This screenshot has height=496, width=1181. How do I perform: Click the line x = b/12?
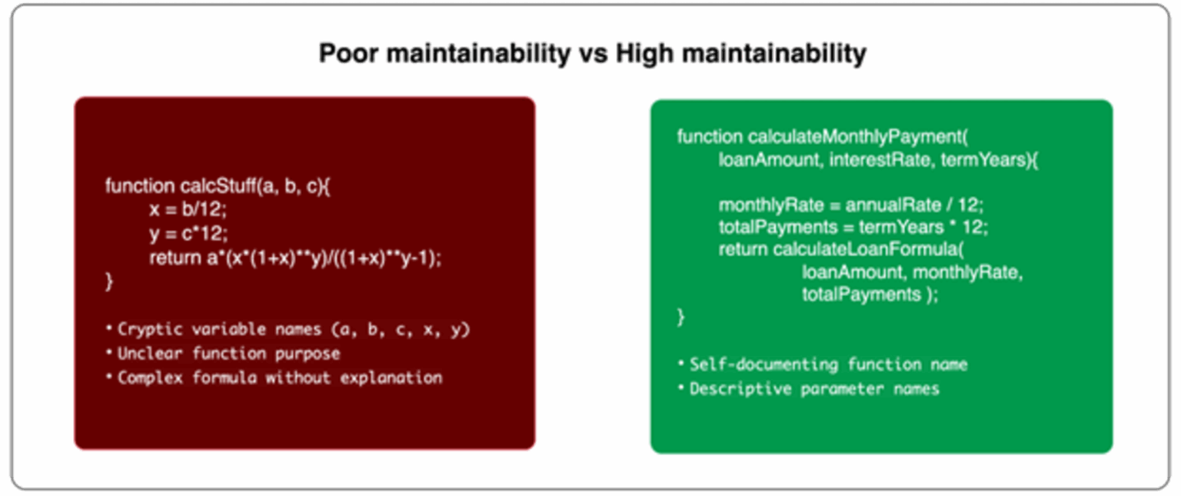point(188,210)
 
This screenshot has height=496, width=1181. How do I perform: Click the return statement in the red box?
point(295,258)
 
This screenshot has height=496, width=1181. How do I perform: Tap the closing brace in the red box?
point(109,282)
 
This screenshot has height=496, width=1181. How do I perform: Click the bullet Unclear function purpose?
point(228,354)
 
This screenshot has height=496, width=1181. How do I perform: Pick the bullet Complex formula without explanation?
point(279,378)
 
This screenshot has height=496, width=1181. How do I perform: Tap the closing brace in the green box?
point(680,316)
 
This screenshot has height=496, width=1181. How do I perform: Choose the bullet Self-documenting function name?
point(828,365)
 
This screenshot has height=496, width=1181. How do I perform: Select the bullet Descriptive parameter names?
point(814,388)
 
